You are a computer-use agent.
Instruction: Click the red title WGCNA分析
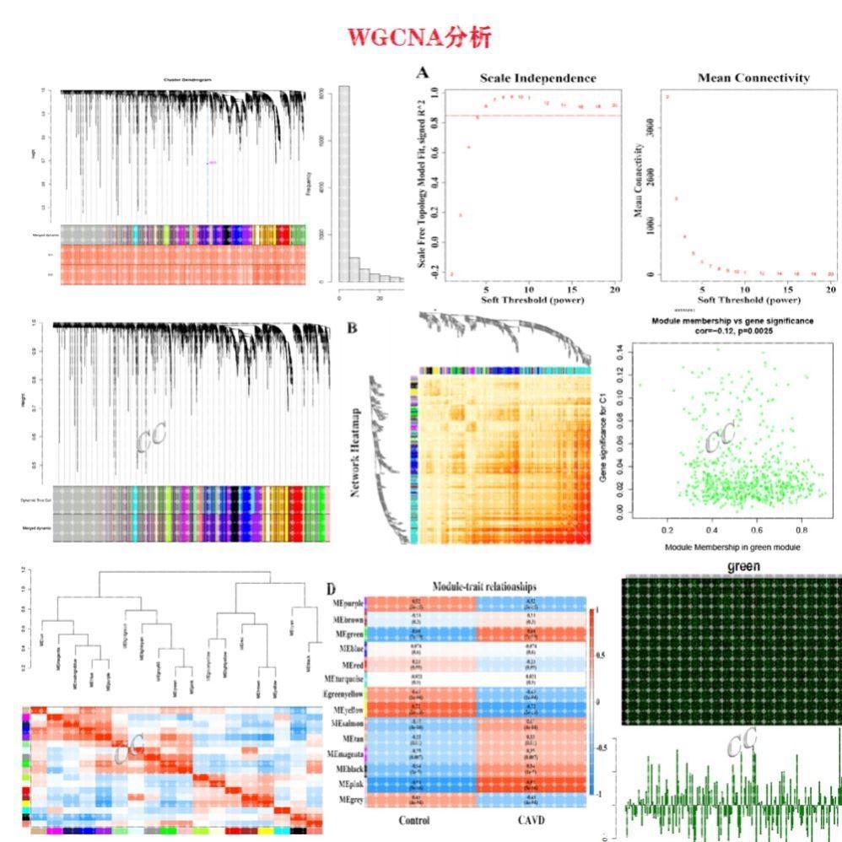pos(419,37)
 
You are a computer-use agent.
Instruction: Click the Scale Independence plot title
pos(537,78)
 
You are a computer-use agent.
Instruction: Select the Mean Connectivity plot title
pos(753,78)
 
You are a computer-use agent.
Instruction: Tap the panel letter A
pos(424,73)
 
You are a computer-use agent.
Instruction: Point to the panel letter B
pos(353,327)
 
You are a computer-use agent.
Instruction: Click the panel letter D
pos(332,587)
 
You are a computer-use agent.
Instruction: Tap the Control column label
pos(413,820)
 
